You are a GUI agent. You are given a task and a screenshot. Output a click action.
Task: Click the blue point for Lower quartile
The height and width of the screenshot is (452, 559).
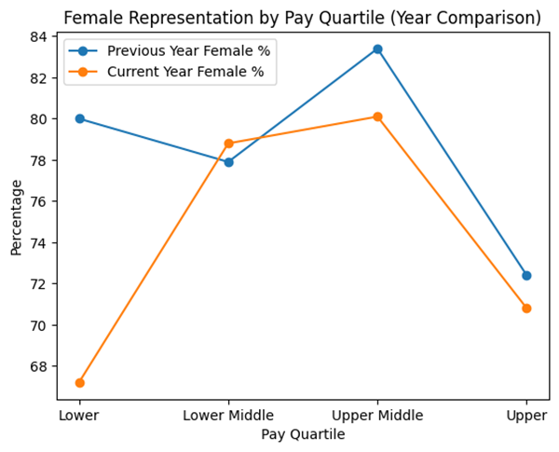pos(79,118)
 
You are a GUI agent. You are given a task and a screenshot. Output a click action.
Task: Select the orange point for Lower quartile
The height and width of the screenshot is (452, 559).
pos(79,383)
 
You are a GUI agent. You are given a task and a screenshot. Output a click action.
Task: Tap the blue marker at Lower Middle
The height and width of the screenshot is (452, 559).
pos(228,162)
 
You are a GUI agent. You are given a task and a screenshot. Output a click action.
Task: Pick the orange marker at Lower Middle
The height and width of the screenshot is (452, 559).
pos(228,144)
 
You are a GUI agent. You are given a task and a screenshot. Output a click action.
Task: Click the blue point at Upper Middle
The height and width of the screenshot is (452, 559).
pos(377,48)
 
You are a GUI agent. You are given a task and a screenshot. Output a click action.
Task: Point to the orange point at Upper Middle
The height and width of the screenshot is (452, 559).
pos(377,116)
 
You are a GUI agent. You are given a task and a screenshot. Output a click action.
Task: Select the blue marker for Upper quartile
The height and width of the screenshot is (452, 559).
pos(526,275)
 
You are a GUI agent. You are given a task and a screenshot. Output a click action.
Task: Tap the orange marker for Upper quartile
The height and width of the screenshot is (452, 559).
pos(526,308)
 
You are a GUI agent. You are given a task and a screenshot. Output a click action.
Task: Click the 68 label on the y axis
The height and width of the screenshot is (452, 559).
pos(40,366)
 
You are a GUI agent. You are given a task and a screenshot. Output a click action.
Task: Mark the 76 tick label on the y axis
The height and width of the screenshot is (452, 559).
pos(40,201)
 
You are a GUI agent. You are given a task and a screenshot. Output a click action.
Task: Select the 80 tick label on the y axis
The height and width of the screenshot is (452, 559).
pos(40,119)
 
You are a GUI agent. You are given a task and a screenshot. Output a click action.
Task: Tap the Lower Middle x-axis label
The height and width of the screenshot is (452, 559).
pos(228,415)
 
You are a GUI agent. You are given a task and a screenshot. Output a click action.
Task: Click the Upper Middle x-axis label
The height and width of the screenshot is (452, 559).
pos(377,415)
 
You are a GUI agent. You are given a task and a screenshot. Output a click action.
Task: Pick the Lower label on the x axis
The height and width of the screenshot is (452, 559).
pos(79,415)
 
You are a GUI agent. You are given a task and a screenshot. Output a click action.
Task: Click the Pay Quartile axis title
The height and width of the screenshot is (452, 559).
pos(303,434)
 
